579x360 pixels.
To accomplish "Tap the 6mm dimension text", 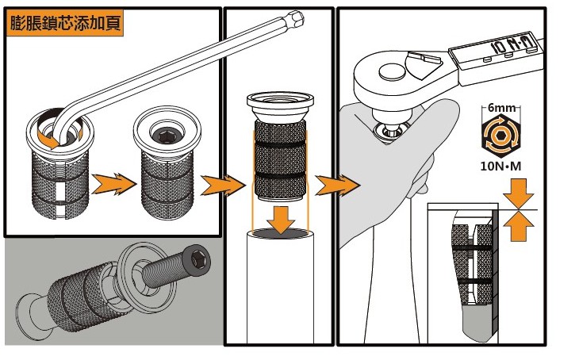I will (501, 108).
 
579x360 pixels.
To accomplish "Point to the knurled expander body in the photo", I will (79, 293).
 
